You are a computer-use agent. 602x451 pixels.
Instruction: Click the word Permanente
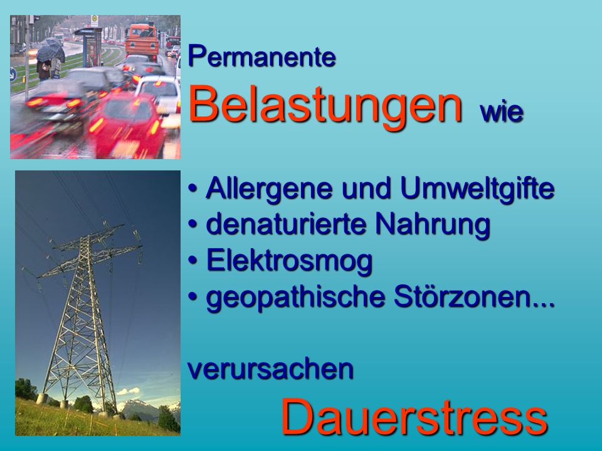coord(262,57)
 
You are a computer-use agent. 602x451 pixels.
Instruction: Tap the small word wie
coord(502,112)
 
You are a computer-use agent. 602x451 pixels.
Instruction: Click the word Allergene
coord(269,189)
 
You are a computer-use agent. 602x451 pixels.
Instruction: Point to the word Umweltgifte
coord(477,189)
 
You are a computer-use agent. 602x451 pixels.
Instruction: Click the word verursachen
coord(271,370)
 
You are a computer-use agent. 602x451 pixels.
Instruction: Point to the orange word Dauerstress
coord(415,417)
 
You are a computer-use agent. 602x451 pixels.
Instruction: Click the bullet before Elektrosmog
coord(193,261)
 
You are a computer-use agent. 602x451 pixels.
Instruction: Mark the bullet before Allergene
coord(193,189)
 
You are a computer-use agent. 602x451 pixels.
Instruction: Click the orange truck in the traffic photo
coord(142,39)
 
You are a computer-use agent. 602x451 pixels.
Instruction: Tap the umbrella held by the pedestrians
coord(50,51)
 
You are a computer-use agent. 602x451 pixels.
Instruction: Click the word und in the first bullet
coord(366,189)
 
